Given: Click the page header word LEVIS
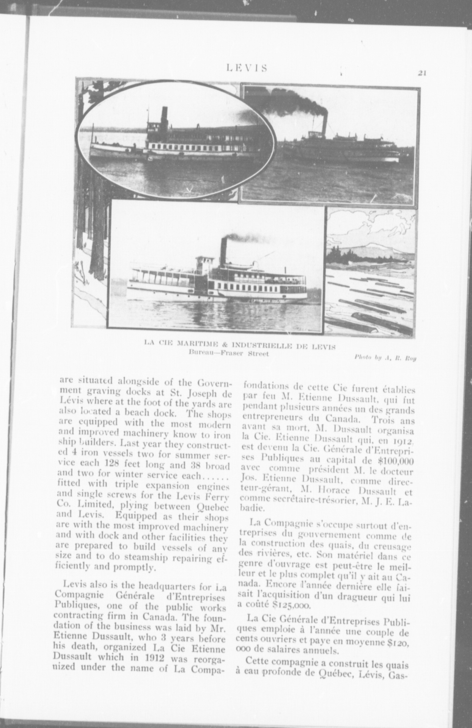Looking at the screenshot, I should point(247,68).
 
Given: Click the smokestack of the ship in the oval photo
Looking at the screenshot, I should point(164,117).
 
